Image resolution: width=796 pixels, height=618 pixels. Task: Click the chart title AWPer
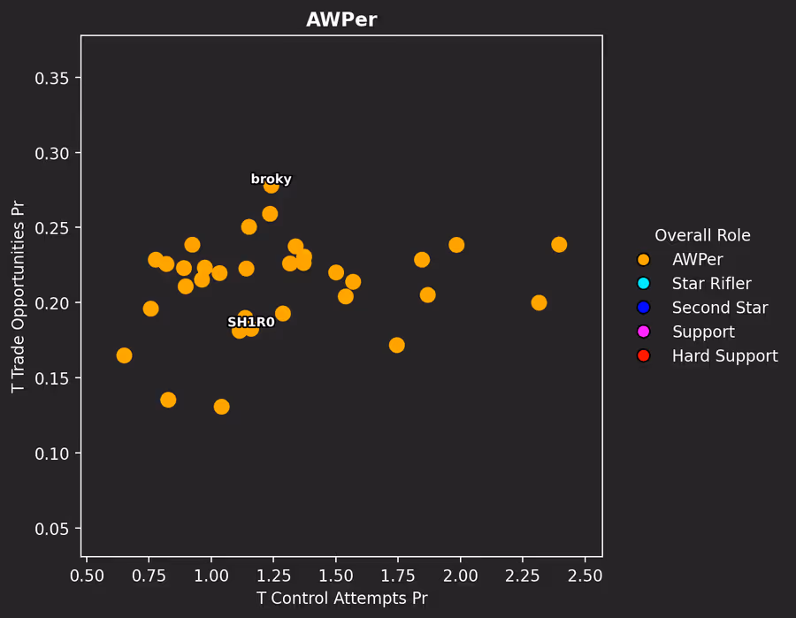coord(341,20)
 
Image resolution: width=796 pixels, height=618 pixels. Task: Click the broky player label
coord(271,179)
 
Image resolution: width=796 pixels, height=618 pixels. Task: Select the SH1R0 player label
coord(251,322)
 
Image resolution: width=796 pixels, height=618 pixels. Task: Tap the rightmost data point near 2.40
coord(559,244)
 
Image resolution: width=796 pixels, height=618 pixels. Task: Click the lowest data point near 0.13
coord(221,407)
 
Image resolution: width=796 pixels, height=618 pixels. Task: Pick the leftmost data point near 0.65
coord(124,355)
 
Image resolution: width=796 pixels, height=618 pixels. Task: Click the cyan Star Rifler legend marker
coord(643,284)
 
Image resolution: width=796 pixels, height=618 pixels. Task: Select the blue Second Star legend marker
coord(643,308)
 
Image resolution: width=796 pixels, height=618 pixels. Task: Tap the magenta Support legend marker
coord(643,332)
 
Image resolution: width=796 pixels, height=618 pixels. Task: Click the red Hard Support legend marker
coord(643,355)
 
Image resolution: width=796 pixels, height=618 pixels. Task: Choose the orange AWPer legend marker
coord(643,260)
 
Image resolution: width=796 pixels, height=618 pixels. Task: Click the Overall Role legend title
coord(702,236)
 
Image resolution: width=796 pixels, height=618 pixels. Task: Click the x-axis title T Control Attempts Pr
coord(341,599)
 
